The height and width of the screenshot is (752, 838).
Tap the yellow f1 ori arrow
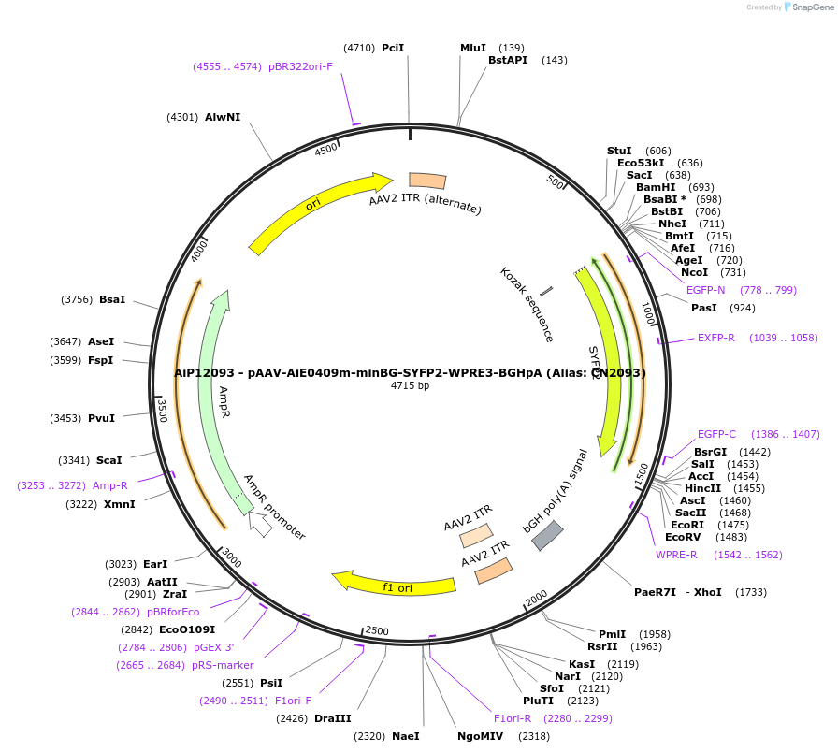tap(397, 586)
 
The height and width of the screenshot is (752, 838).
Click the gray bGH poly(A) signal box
tap(547, 535)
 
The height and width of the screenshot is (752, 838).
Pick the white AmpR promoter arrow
tap(261, 526)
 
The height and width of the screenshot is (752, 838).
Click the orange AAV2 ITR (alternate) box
tap(426, 181)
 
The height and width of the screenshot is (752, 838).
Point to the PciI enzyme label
tap(393, 48)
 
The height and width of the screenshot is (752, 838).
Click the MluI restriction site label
tap(473, 48)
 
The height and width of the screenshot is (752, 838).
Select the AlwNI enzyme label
tap(223, 117)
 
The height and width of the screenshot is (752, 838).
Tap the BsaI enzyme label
tap(112, 299)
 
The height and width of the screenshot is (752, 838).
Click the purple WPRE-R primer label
tap(676, 555)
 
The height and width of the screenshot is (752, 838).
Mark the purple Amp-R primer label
tap(110, 485)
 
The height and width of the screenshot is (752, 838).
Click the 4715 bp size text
tap(410, 385)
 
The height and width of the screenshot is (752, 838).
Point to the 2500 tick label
tap(377, 630)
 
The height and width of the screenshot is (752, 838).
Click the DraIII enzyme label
tap(333, 718)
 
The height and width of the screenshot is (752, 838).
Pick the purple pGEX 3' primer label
tap(214, 647)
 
